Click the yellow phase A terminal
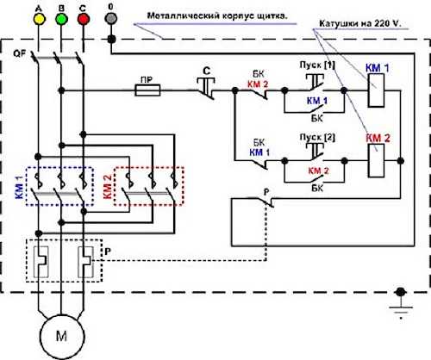tap(39, 19)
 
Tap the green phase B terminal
tap(61, 19)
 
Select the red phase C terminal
tap(84, 19)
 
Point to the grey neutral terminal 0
tap(111, 18)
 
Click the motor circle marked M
tap(62, 337)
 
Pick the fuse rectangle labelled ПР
tap(147, 90)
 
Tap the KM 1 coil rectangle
tap(376, 90)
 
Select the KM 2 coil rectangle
tap(376, 160)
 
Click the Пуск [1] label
tap(317, 65)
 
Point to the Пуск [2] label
tap(317, 137)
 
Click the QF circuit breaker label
tap(20, 53)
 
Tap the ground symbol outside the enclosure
tap(401, 304)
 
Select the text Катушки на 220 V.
tap(359, 23)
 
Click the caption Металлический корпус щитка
tap(217, 16)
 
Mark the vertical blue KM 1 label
tap(20, 187)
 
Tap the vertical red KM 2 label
tap(107, 187)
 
